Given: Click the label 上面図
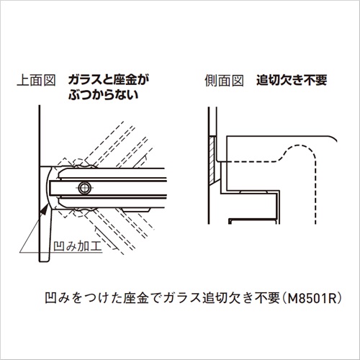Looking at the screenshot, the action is [37, 80].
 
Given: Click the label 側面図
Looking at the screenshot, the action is [224, 80].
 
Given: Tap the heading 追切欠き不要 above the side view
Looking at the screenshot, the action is [292, 80].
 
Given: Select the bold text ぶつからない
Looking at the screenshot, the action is [104, 95].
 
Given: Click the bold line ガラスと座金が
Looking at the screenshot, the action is [109, 80].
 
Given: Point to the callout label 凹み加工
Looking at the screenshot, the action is [78, 246].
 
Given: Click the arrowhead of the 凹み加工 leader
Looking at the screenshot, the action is [44, 210].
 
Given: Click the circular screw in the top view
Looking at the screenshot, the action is [84, 187].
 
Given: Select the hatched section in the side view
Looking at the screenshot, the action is [212, 159].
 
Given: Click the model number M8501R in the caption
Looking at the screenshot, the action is [312, 298].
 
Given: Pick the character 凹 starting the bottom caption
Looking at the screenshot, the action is [51, 298].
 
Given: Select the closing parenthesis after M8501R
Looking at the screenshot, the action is [339, 298].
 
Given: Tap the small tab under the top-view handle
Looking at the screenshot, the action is [136, 210].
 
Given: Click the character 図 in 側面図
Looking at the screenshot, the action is [238, 80].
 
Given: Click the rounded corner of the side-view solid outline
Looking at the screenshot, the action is [333, 138].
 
